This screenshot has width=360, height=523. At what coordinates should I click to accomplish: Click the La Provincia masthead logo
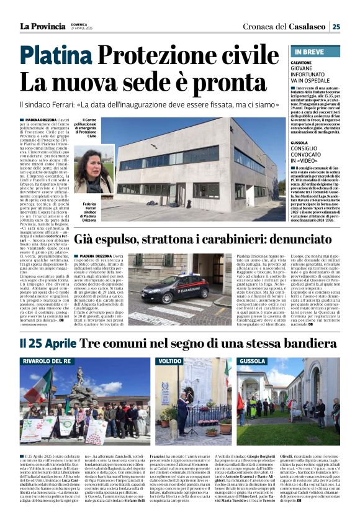(42, 25)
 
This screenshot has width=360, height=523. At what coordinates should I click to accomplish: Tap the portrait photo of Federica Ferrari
(93, 168)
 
